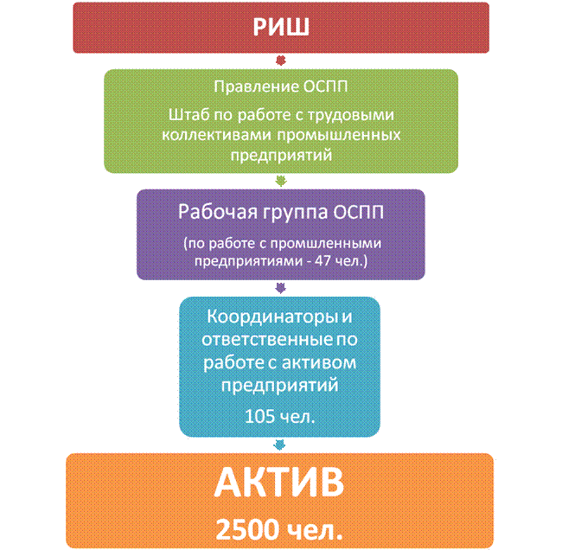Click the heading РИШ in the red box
pyautogui.click(x=281, y=27)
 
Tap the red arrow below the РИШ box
pyautogui.click(x=281, y=61)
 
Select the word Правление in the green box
pyautogui.click(x=256, y=86)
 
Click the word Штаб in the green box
pyautogui.click(x=188, y=115)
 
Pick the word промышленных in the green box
pyautogui.click(x=339, y=135)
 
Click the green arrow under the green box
pyautogui.click(x=281, y=181)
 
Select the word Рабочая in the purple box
pyautogui.click(x=218, y=212)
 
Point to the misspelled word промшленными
pyautogui.click(x=326, y=244)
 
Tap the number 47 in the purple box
pyautogui.click(x=323, y=260)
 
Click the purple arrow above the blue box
pyautogui.click(x=281, y=288)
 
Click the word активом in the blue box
pyautogui.click(x=319, y=362)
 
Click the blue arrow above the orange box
pyautogui.click(x=279, y=445)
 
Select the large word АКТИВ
pyautogui.click(x=279, y=482)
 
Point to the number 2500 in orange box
pyautogui.click(x=247, y=529)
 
